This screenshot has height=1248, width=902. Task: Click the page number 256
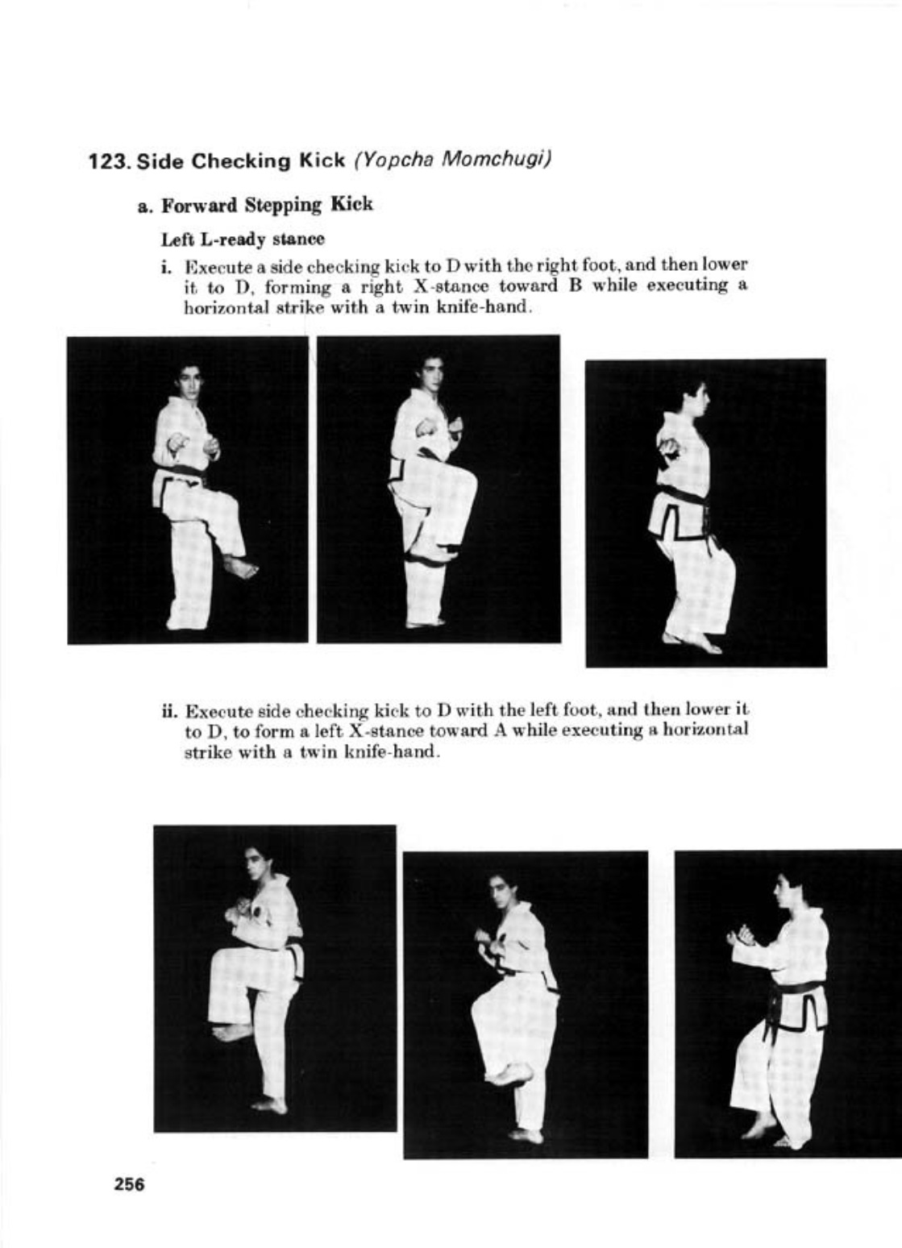click(x=129, y=1184)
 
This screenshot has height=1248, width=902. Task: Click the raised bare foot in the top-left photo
click(x=239, y=568)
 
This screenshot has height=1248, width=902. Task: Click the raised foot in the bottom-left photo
click(x=233, y=1031)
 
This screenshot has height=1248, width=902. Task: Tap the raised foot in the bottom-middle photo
click(x=509, y=1074)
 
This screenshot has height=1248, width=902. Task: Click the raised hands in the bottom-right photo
click(x=741, y=936)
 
